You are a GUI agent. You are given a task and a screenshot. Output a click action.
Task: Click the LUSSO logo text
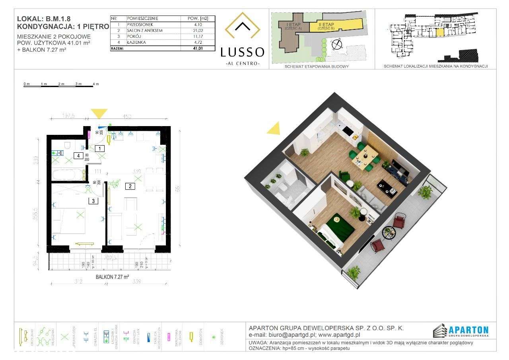point(243,52)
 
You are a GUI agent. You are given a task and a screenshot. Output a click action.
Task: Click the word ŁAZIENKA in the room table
point(136,42)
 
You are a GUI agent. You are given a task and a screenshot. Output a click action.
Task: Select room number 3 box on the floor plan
point(93,201)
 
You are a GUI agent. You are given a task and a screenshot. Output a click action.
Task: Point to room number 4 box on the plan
point(79,156)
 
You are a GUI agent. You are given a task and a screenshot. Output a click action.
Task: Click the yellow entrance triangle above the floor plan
point(99,114)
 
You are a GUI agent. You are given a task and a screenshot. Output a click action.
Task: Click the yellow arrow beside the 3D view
point(274,129)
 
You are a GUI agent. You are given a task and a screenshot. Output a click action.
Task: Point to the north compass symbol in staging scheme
point(337,45)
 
